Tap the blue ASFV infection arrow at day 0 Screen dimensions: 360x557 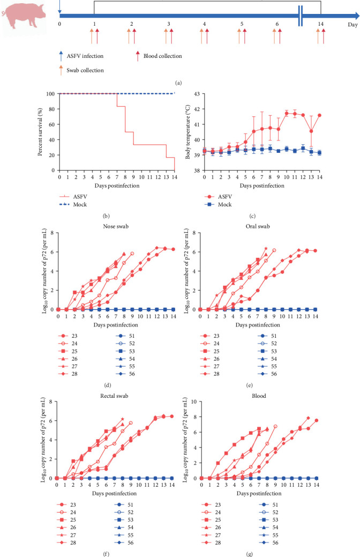[59, 6]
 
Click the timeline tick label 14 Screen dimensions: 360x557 [320, 24]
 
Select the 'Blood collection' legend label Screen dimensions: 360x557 [163, 56]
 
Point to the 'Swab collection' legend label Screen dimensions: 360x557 [85, 70]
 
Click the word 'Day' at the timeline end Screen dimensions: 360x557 [352, 25]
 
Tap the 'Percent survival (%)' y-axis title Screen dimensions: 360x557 [40, 132]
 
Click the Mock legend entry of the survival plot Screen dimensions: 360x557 [73, 204]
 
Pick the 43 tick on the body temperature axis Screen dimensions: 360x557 [197, 94]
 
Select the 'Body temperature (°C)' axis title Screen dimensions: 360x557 [188, 132]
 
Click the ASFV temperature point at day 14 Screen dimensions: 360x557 [319, 115]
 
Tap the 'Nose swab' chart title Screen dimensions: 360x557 [116, 226]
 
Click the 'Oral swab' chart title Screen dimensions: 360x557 [258, 226]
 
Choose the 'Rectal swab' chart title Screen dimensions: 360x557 [114, 396]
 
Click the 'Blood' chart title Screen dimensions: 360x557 [259, 396]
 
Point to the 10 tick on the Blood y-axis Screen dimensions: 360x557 [194, 402]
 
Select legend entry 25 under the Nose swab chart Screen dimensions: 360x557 [68, 351]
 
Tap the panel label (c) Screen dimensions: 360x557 [252, 216]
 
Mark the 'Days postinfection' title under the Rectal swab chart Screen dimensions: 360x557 [114, 493]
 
